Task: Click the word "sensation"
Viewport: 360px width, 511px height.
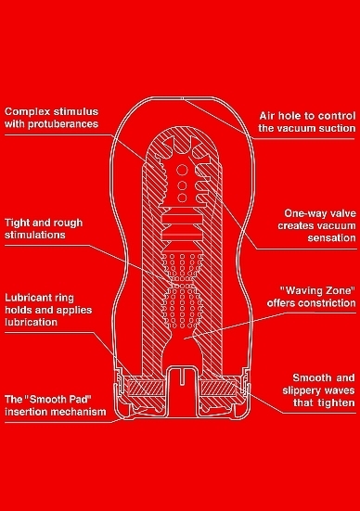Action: click(331, 237)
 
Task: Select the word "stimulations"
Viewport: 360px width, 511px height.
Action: click(35, 235)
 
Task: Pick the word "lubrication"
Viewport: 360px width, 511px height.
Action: click(31, 322)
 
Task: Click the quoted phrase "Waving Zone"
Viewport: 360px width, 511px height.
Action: click(318, 290)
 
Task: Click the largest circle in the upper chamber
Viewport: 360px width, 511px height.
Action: click(182, 170)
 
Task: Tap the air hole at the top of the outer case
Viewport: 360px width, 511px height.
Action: click(183, 98)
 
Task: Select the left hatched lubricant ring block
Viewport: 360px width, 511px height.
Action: click(146, 389)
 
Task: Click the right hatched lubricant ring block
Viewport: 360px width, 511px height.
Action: click(217, 389)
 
